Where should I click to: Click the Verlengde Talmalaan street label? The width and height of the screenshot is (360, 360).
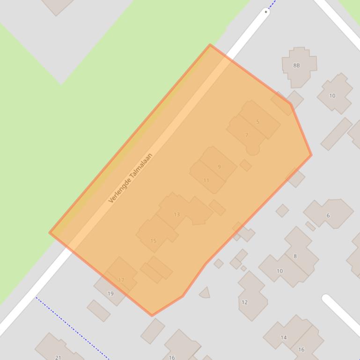pyautogui.click(x=131, y=178)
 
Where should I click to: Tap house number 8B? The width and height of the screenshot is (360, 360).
pyautogui.click(x=296, y=65)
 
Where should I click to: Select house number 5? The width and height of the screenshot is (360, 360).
pyautogui.click(x=257, y=122)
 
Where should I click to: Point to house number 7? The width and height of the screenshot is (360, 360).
pyautogui.click(x=247, y=136)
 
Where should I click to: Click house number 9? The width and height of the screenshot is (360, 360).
pyautogui.click(x=219, y=167)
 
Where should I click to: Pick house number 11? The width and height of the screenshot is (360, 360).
pyautogui.click(x=206, y=180)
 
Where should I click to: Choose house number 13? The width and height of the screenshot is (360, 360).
pyautogui.click(x=176, y=215)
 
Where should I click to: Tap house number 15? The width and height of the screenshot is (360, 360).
pyautogui.click(x=153, y=241)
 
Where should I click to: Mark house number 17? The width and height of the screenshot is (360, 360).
pyautogui.click(x=121, y=280)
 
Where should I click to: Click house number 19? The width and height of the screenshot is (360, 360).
pyautogui.click(x=110, y=294)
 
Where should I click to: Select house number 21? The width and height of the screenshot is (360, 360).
pyautogui.click(x=58, y=357)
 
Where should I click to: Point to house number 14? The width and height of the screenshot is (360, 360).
pyautogui.click(x=284, y=338)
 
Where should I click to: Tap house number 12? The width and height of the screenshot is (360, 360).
pyautogui.click(x=244, y=302)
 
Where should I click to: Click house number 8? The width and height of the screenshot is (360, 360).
pyautogui.click(x=295, y=256)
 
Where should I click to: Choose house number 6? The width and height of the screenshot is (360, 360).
pyautogui.click(x=328, y=216)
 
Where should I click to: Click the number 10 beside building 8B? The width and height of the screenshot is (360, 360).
pyautogui.click(x=332, y=96)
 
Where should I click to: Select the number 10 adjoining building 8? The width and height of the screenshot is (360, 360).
pyautogui.click(x=279, y=271)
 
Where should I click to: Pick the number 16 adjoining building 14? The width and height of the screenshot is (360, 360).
pyautogui.click(x=301, y=349)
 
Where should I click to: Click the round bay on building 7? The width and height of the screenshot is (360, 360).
pyautogui.click(x=253, y=150)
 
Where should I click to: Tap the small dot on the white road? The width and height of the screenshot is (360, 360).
pyautogui.click(x=266, y=11)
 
